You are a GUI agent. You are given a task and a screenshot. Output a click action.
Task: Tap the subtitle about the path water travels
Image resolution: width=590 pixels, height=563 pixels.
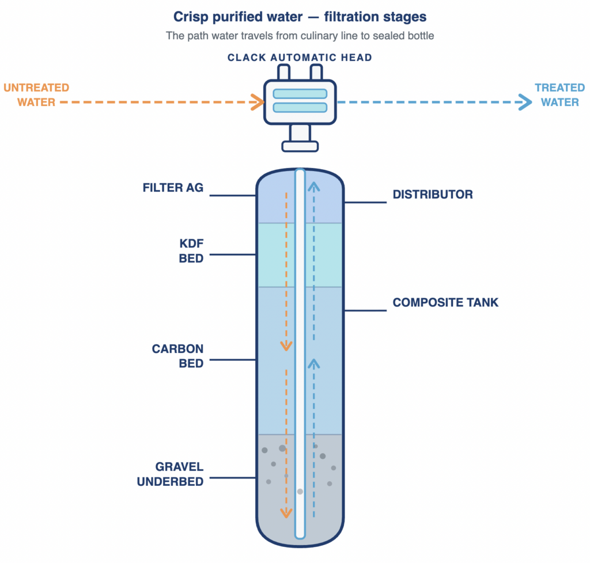point(300,36)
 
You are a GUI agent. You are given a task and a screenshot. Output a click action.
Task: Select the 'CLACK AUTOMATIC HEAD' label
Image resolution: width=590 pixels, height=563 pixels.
point(300,58)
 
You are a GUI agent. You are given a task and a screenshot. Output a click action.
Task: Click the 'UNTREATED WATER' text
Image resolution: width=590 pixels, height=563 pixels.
point(36,95)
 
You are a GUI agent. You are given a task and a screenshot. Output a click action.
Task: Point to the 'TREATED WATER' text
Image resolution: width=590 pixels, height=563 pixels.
point(559,95)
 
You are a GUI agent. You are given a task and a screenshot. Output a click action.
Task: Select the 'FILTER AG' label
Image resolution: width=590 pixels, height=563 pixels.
point(173,188)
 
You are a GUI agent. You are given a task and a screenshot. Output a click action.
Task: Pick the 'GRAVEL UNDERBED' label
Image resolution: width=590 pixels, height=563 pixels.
point(171,474)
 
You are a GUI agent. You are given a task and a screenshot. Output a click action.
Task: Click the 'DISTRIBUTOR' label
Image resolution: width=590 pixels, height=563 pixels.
point(433,195)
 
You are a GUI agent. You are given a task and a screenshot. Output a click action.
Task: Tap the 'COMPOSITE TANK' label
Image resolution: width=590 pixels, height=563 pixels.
point(445,302)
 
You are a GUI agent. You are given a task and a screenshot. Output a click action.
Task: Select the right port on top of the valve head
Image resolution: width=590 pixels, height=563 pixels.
point(316,73)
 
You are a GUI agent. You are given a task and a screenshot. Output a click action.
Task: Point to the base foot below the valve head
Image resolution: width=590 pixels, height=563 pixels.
point(300,146)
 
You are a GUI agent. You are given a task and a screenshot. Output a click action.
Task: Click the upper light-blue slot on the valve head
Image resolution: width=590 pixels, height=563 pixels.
point(300,93)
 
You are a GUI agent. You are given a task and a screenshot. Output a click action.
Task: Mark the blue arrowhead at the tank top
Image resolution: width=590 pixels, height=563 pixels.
point(313,185)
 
